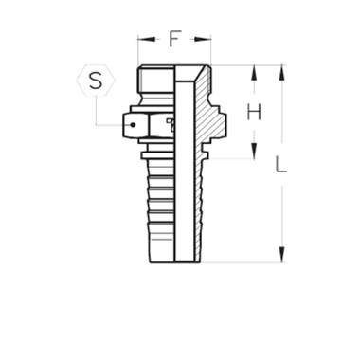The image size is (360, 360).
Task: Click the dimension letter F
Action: [174, 40]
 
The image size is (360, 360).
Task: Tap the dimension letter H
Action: [253, 114]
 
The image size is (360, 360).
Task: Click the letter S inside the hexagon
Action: [95, 81]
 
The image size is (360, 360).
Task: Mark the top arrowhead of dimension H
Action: [253, 72]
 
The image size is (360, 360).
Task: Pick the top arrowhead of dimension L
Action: [280, 71]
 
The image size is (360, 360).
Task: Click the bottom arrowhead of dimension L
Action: [280, 255]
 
